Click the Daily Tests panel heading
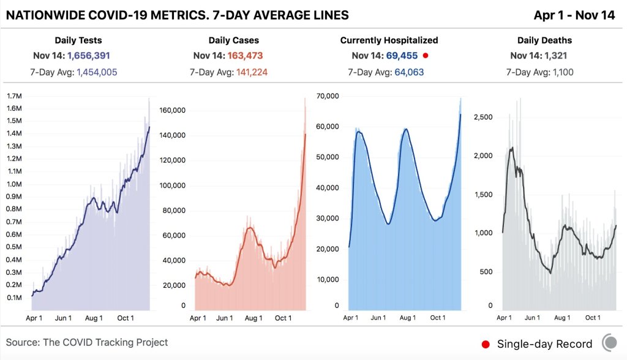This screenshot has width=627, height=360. point(78,40)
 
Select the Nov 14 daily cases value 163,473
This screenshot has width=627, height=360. point(248,56)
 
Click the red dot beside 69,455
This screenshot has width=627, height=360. point(426,56)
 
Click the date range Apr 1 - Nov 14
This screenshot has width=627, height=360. point(574,15)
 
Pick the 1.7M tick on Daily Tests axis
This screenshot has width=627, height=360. point(15,96)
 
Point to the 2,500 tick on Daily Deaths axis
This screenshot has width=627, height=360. point(484,116)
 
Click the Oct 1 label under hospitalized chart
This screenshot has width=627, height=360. point(438,318)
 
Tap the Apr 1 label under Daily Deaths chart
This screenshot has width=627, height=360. point(504,318)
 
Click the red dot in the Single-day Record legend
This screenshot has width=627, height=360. point(486,344)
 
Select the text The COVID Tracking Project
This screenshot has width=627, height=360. point(105,342)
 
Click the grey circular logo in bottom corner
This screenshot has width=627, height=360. point(610,342)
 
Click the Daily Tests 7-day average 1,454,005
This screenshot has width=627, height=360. point(97,72)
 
